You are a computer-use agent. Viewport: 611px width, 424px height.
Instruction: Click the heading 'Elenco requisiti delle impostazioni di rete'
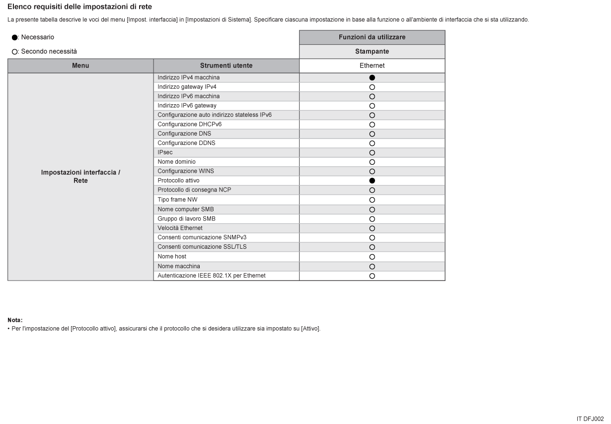(80, 6)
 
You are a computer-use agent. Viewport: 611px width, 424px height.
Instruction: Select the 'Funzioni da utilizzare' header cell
(372, 37)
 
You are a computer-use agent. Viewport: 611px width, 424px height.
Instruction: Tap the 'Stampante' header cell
(372, 51)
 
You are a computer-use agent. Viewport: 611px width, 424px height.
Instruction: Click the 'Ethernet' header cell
(372, 66)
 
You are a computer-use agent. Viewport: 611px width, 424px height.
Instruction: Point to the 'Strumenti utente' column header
(226, 66)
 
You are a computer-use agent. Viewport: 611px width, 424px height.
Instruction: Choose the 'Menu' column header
(80, 66)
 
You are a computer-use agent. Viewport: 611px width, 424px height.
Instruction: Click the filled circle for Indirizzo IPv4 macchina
(372, 78)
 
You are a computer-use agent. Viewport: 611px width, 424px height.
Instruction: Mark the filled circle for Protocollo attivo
(372, 180)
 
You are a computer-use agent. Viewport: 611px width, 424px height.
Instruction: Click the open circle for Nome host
(372, 257)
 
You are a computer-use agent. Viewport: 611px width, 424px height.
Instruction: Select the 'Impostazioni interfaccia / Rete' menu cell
(80, 177)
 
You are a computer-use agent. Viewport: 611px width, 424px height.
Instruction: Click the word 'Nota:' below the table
(15, 320)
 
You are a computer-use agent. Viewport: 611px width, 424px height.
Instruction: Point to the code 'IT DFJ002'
(590, 419)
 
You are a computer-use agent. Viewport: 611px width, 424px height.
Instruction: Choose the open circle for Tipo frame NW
(372, 200)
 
